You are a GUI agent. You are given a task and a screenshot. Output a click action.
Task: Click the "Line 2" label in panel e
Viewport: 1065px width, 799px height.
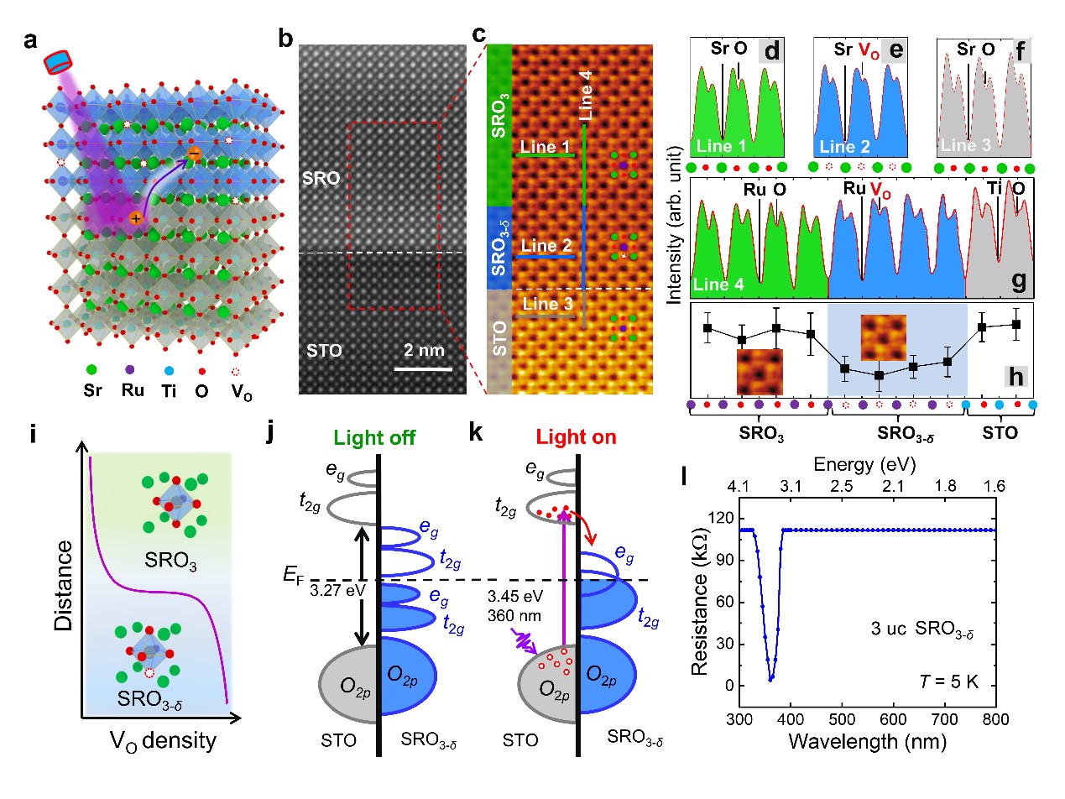coord(843,147)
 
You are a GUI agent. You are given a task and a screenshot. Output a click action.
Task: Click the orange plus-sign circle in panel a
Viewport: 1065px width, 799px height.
coord(136,218)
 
